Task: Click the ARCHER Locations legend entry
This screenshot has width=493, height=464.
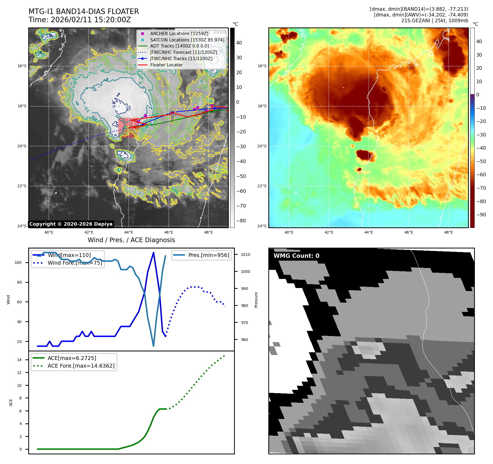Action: click(179, 33)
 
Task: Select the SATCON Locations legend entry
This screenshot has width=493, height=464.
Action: click(187, 40)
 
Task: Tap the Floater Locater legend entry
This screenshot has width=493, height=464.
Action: click(166, 65)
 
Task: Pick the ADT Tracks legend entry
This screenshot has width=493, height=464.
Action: click(179, 46)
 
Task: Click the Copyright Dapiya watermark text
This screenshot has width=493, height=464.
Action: click(71, 224)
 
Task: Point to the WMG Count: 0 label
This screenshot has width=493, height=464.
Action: click(296, 256)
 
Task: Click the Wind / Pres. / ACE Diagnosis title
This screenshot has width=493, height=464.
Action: click(131, 240)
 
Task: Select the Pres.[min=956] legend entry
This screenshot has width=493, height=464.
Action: click(209, 255)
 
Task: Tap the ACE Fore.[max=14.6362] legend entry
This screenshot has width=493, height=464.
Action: click(81, 366)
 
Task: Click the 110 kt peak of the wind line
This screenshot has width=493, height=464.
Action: click(153, 253)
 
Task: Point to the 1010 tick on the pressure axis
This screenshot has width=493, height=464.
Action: click(245, 255)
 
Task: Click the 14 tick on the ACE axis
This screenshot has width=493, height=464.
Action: click(19, 360)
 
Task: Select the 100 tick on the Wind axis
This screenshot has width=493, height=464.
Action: click(18, 262)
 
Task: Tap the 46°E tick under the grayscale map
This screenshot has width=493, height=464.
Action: click(168, 232)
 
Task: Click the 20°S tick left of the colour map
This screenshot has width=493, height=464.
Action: click(262, 146)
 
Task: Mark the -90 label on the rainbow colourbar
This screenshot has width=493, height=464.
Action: click(481, 215)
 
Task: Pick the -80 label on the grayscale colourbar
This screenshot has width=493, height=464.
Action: click(241, 221)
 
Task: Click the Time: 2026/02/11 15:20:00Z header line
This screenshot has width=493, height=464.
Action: click(80, 20)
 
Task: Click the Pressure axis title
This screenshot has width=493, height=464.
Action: click(256, 300)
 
